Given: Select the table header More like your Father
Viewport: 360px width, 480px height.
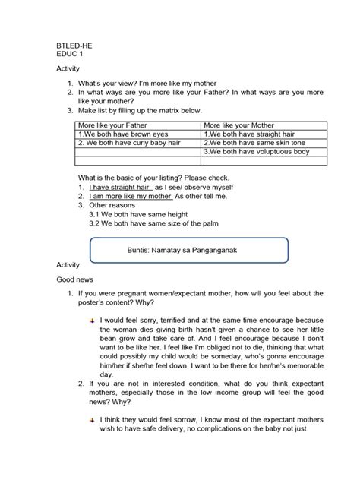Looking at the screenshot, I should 111,125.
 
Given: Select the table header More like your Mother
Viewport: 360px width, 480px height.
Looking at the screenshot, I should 237,125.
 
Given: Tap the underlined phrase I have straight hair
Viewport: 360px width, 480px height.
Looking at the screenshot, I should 120,186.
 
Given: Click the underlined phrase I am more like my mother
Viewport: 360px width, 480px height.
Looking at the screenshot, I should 130,195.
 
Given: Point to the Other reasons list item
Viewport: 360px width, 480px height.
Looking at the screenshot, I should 115,205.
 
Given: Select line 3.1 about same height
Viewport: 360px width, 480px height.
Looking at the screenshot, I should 134,214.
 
